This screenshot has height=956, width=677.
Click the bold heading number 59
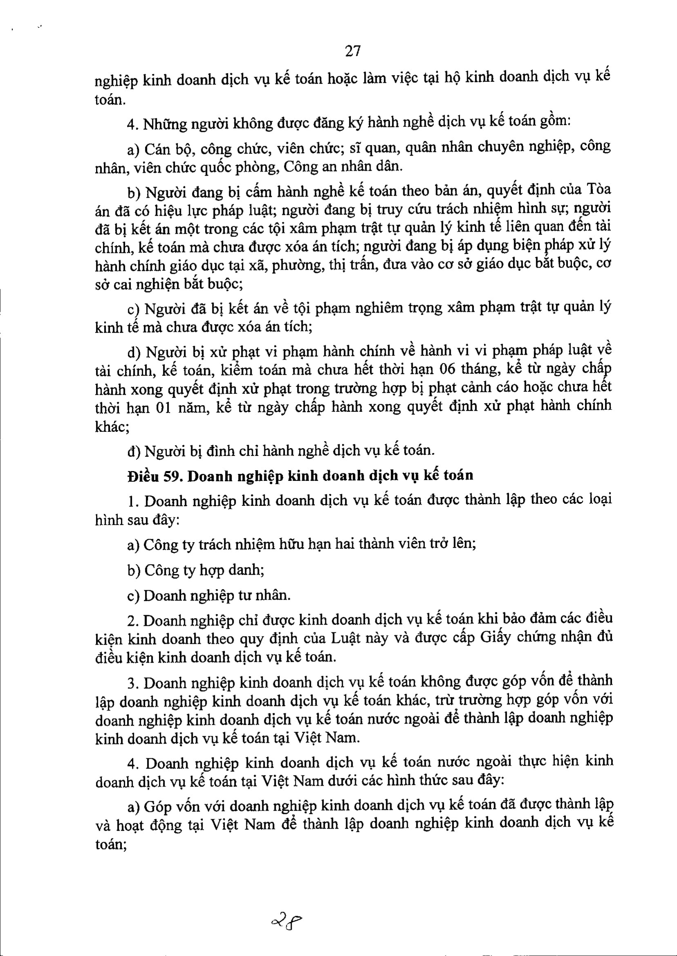[x=171, y=476]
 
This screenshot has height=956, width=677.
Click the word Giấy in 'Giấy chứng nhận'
[x=497, y=639]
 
